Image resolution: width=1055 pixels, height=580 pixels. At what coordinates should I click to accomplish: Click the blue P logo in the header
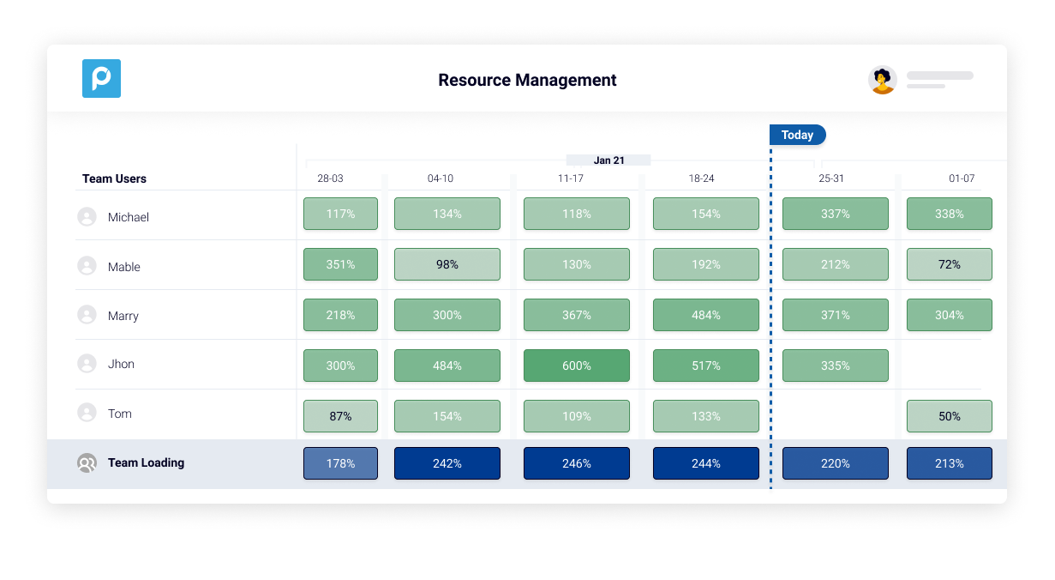[x=101, y=79]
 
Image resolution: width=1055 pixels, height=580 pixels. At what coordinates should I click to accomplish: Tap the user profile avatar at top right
[x=882, y=80]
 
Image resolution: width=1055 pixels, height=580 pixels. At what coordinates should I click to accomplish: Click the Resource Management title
[x=527, y=81]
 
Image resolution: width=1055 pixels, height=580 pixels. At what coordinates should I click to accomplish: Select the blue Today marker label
[x=797, y=135]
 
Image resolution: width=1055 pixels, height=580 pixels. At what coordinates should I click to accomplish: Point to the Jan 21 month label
[x=608, y=160]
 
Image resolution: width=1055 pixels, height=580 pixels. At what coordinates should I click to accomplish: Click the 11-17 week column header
[x=570, y=178]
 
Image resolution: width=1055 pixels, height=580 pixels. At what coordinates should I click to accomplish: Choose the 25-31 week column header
[x=831, y=178]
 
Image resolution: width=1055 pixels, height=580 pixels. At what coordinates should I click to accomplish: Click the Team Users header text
[x=114, y=178]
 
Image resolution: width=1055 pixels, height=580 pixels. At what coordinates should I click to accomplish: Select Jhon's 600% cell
[x=576, y=366]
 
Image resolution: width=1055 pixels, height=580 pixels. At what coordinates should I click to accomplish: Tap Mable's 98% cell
[x=447, y=264]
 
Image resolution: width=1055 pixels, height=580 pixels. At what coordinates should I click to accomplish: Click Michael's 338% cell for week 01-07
[x=949, y=214]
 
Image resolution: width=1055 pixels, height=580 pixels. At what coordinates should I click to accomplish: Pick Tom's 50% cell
[x=949, y=416]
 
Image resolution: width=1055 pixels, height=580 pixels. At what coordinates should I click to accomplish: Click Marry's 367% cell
[x=576, y=315]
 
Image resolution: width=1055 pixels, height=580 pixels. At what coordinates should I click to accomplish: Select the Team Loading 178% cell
[x=340, y=463]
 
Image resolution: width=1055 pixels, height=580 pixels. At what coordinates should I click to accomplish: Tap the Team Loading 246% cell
[x=576, y=463]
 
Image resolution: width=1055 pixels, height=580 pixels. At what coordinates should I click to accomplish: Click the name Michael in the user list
[x=129, y=217]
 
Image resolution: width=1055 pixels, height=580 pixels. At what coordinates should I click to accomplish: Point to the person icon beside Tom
[x=87, y=414]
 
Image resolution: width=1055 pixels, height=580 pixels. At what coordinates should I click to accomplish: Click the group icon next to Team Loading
[x=87, y=463]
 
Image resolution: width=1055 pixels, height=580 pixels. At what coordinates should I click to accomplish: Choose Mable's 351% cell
[x=340, y=264]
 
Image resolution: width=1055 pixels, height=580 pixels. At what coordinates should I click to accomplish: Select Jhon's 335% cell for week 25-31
[x=835, y=366]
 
